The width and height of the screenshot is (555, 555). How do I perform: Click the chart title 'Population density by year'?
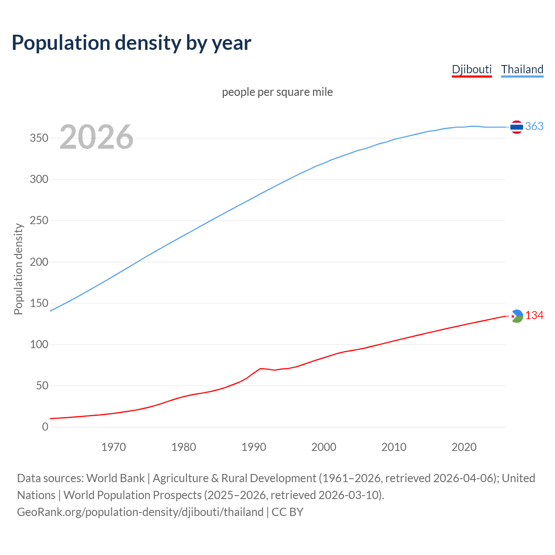(x=131, y=42)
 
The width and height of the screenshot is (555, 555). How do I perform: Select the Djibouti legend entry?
(x=472, y=69)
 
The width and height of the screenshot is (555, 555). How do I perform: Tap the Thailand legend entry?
(x=522, y=69)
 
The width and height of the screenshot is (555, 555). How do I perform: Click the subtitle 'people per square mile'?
(x=277, y=92)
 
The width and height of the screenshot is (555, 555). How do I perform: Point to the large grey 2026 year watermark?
(x=96, y=137)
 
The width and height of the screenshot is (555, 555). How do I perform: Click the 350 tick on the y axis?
(x=39, y=138)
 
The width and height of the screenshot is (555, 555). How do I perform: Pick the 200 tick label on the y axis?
(x=39, y=262)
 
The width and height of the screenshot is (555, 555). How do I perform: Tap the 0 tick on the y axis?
(x=45, y=427)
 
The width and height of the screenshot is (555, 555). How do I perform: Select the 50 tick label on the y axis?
(x=42, y=386)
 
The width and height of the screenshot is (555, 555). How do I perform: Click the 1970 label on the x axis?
(x=114, y=447)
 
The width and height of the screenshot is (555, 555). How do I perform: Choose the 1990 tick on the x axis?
(x=254, y=447)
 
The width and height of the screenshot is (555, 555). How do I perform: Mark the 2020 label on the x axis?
(x=464, y=447)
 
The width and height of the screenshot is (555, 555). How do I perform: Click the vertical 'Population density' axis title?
(x=18, y=269)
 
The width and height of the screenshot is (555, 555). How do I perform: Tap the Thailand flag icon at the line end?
(x=516, y=127)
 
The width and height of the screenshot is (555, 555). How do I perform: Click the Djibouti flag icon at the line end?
(x=516, y=316)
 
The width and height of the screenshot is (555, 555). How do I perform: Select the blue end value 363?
(x=534, y=126)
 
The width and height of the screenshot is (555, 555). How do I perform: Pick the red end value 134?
(x=534, y=316)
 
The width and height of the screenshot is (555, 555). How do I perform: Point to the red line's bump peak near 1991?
(x=260, y=369)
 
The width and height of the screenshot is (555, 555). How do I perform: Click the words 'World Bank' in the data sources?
(x=115, y=478)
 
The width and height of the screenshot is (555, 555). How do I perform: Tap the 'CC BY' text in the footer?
(x=287, y=512)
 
